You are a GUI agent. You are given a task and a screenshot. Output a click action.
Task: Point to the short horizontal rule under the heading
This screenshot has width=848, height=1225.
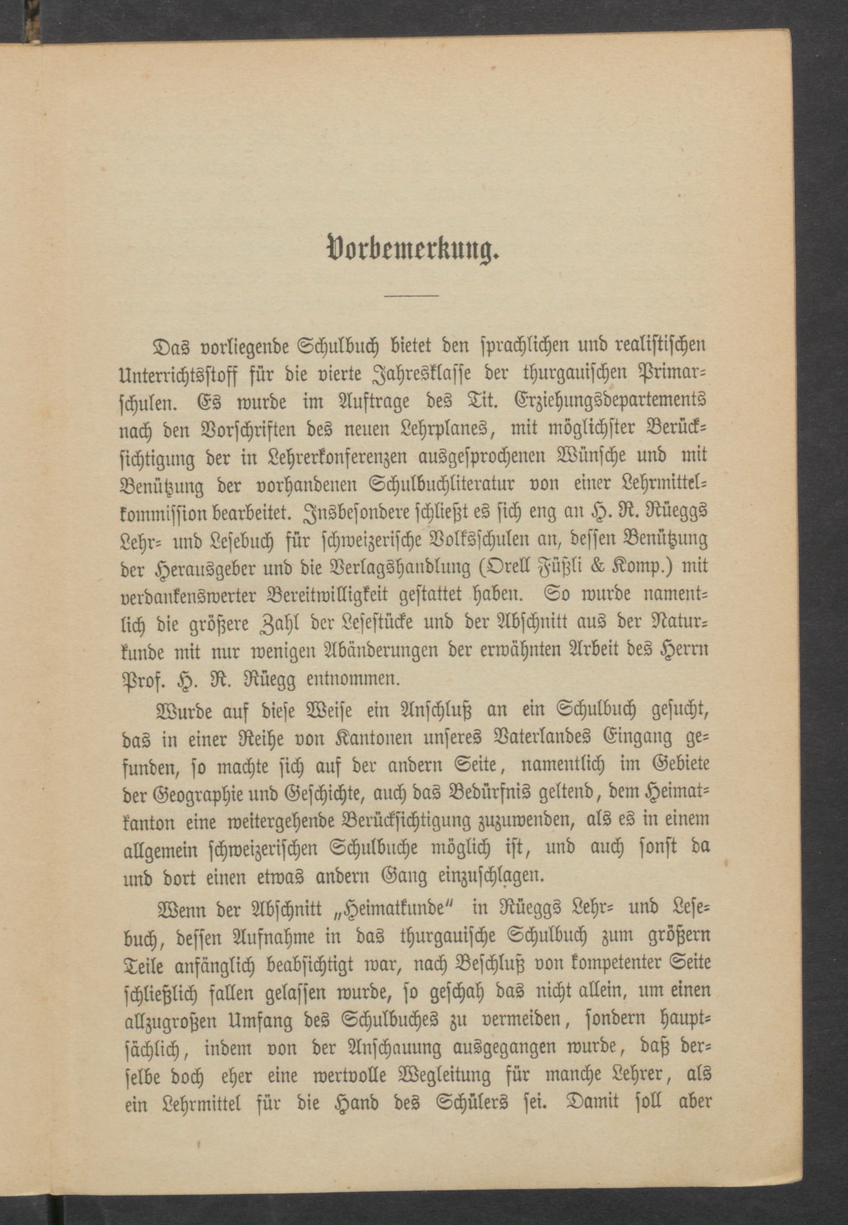[x=412, y=295]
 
